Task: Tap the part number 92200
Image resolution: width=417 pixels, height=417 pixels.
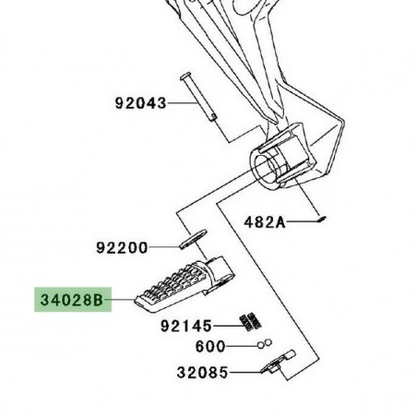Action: pyautogui.click(x=122, y=248)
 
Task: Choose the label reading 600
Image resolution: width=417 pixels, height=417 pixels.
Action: pyautogui.click(x=210, y=348)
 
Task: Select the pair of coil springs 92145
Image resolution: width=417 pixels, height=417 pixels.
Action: pyautogui.click(x=247, y=322)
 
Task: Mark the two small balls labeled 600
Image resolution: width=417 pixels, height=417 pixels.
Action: pyautogui.click(x=265, y=346)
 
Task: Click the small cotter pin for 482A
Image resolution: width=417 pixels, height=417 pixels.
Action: pyautogui.click(x=317, y=219)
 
